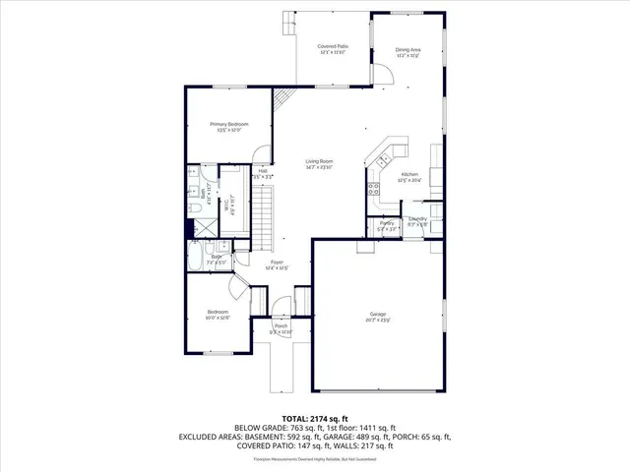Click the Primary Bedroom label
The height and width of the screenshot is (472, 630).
click(228, 126)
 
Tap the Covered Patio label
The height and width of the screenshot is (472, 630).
click(334, 49)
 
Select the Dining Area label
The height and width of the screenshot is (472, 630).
click(409, 51)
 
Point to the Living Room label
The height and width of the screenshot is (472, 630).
click(319, 163)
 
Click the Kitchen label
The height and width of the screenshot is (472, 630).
click(409, 177)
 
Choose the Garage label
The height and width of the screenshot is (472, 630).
click(378, 318)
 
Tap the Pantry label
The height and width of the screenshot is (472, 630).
click(387, 225)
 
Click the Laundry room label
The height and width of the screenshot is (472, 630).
click(417, 221)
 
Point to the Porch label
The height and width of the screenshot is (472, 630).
click(281, 328)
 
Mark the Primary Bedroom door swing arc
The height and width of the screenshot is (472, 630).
click(260, 157)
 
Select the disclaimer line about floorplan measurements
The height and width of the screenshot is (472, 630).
click(315, 458)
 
